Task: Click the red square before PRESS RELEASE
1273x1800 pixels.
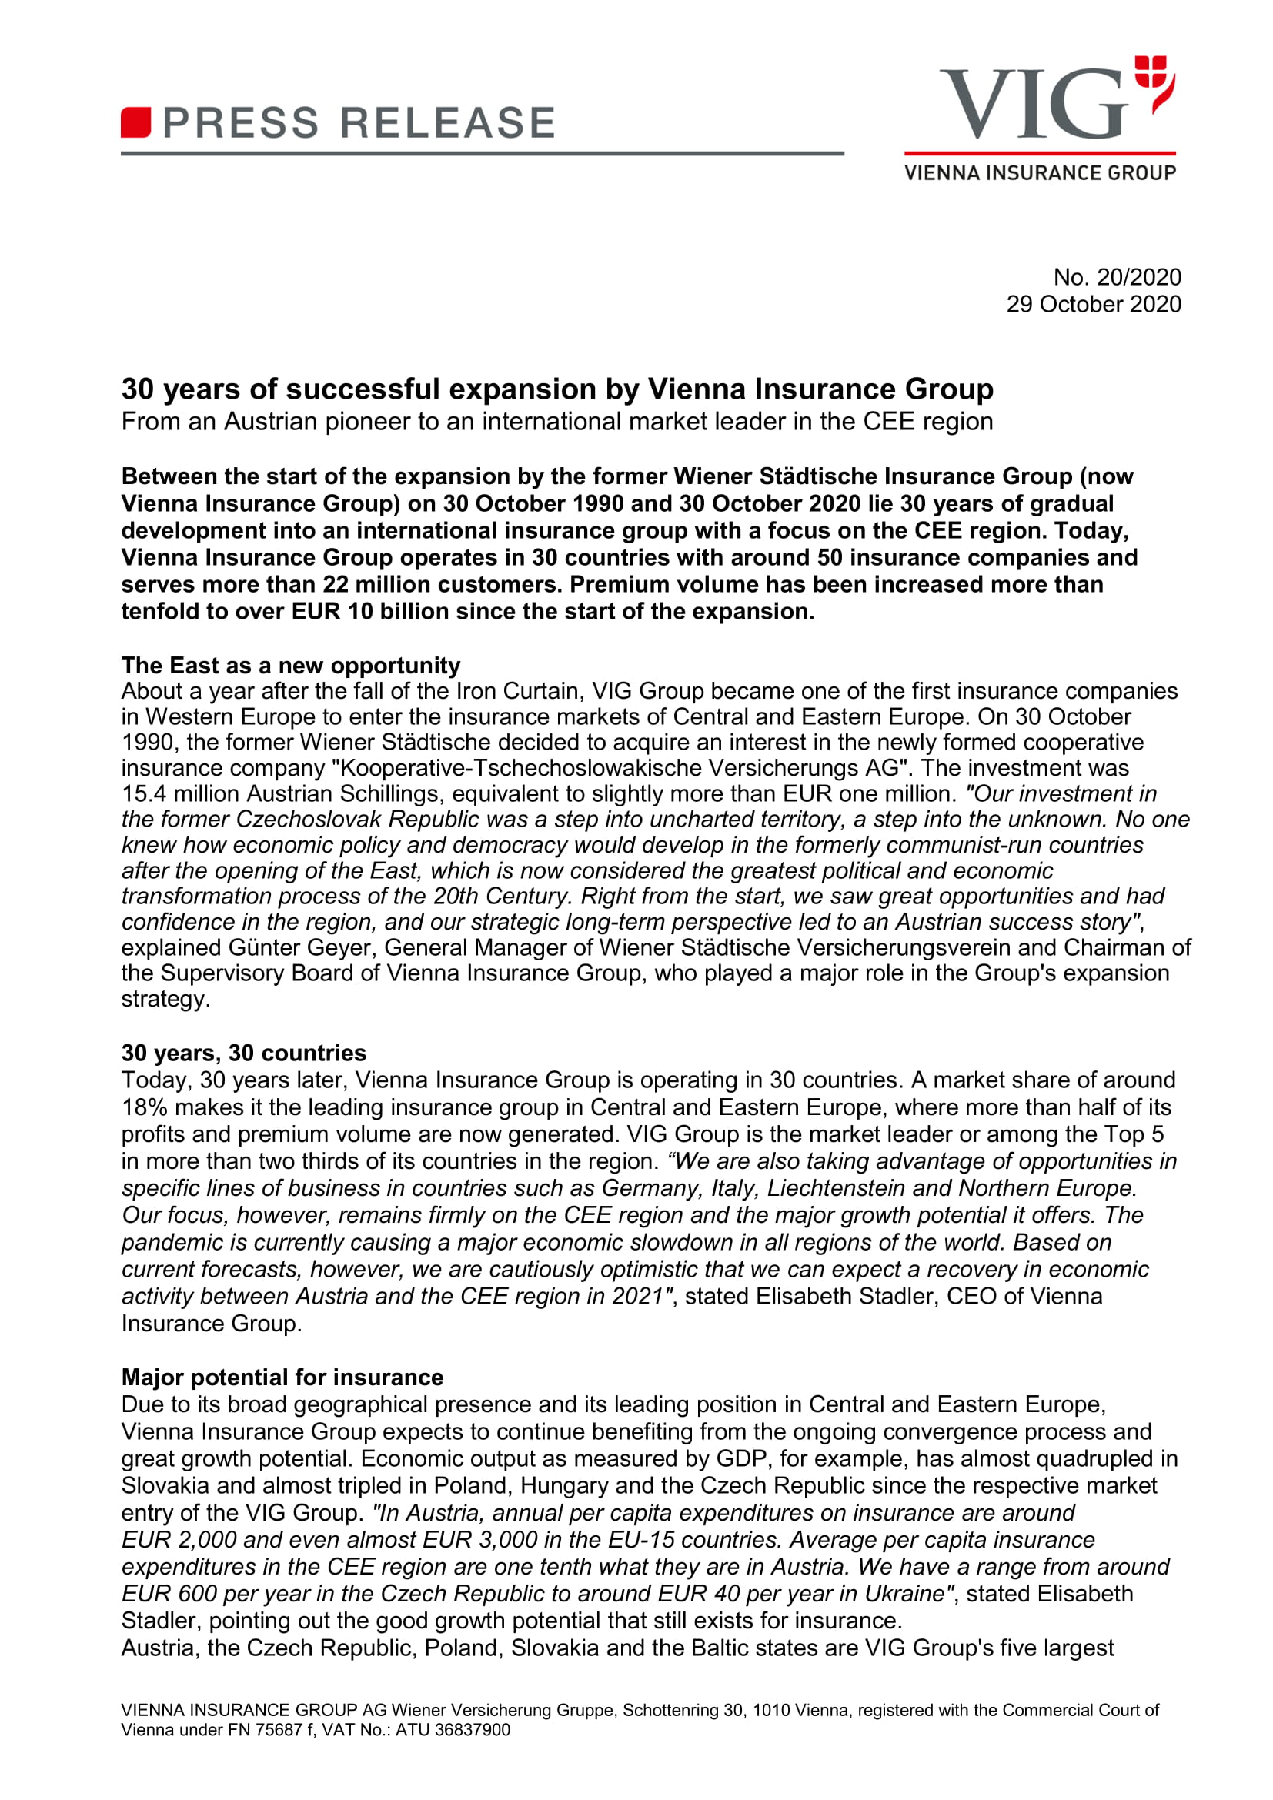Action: point(135,123)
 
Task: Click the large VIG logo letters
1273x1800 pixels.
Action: point(1033,104)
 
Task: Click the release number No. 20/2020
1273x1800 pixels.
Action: point(1116,277)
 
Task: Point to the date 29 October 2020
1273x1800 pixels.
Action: point(1093,304)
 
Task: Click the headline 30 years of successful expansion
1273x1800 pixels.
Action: point(556,389)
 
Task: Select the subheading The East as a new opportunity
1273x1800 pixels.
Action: point(291,666)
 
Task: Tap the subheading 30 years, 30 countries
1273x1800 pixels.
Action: point(244,1053)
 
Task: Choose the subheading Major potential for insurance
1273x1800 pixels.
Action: point(282,1378)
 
